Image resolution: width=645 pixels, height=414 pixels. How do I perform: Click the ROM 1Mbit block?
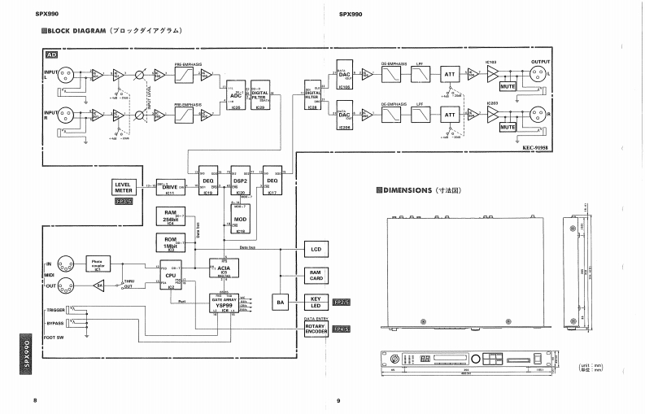171,242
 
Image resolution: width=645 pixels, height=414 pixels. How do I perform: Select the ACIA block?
224,267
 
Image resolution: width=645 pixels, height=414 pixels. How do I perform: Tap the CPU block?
171,277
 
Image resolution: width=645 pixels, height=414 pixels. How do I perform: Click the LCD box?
315,247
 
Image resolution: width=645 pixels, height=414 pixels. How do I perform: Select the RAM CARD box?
315,275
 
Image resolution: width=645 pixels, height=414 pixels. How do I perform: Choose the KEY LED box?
315,303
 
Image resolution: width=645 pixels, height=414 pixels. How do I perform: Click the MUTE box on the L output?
508,85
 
